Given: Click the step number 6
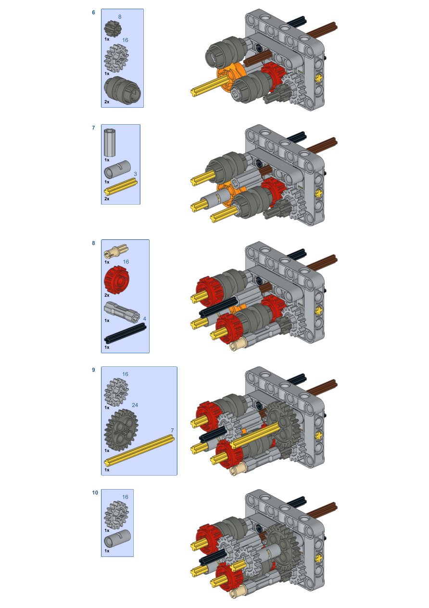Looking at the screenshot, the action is (94, 13).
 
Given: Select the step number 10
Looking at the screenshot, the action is (95, 492).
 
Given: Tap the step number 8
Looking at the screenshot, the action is (94, 243).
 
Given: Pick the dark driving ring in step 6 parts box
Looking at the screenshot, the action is (122, 90).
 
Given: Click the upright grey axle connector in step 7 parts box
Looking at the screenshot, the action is (110, 143).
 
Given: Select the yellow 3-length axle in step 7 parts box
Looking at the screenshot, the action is (121, 187).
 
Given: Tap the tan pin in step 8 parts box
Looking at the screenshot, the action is (116, 251).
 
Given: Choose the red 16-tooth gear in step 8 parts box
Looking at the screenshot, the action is (116, 280).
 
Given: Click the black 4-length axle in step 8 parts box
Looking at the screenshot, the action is (125, 333).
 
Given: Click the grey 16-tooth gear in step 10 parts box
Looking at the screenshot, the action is (116, 515).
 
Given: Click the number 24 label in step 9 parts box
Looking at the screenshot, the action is (135, 405).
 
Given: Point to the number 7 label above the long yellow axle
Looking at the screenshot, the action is (172, 430).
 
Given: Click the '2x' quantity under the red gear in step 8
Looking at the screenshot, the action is (107, 295).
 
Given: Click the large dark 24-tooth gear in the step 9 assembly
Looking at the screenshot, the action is (282, 426).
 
